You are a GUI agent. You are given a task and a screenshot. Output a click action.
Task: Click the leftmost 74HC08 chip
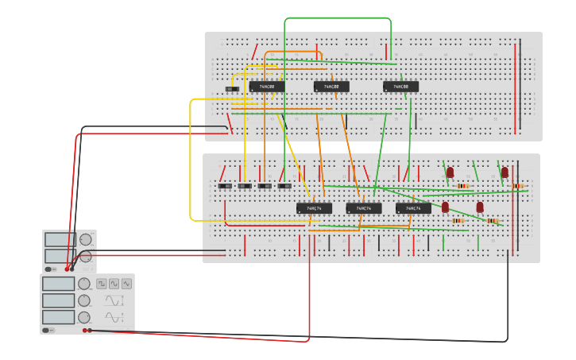(x=267, y=87)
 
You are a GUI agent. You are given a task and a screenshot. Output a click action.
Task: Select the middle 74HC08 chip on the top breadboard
(x=331, y=87)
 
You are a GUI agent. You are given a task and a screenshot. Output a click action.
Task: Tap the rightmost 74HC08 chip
(x=400, y=87)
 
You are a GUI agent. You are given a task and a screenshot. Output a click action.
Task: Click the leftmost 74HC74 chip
(x=314, y=208)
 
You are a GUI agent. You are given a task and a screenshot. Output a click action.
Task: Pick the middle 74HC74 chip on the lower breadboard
(x=363, y=208)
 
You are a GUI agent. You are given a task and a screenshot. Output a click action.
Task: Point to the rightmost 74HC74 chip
(x=413, y=208)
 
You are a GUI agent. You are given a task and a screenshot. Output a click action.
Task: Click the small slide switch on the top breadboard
(x=231, y=90)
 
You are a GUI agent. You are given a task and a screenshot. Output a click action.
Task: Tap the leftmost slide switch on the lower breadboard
(x=225, y=186)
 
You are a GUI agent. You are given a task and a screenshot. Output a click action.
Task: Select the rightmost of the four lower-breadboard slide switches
(x=284, y=186)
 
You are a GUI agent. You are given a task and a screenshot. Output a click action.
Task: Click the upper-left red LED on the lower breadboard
(x=450, y=172)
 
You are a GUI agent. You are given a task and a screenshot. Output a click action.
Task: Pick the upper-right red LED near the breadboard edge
(x=504, y=172)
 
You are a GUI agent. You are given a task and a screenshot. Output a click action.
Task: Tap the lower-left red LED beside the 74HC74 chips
(x=445, y=207)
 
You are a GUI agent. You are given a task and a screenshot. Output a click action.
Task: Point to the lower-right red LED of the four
(x=480, y=207)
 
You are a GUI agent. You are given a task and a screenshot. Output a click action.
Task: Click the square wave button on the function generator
(x=102, y=284)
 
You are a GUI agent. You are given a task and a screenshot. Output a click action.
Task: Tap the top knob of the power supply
(x=85, y=239)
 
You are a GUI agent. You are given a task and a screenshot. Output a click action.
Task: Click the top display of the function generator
(x=59, y=284)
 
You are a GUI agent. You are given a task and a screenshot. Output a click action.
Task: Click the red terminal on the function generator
(x=84, y=330)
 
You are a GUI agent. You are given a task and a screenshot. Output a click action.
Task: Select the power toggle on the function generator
(x=48, y=330)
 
